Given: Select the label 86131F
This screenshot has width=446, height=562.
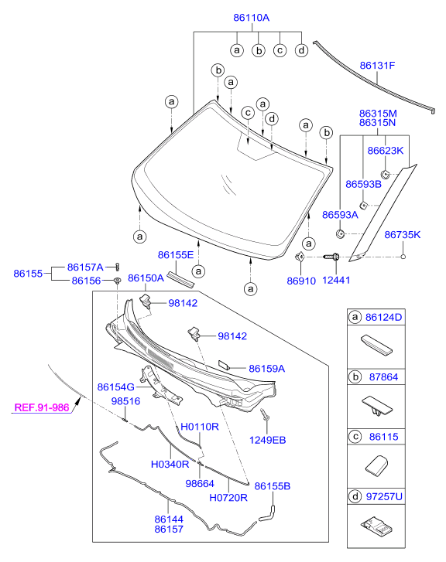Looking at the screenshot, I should (377, 66).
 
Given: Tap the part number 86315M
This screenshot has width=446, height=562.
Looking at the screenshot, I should (377, 112).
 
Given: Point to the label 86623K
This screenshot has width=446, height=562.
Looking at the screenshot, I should (386, 151).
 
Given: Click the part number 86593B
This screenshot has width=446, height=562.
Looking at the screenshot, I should (363, 184).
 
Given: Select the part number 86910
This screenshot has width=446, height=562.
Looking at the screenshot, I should (301, 281).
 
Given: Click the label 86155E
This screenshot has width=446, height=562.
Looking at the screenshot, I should (176, 254).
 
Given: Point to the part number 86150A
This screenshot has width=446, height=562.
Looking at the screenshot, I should (146, 278).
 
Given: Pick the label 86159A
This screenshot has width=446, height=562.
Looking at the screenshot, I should (267, 369).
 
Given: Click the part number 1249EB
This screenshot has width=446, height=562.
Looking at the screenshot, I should (267, 440).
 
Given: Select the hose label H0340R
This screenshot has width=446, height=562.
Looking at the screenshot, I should (169, 464).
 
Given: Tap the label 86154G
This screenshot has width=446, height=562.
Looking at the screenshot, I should (116, 387).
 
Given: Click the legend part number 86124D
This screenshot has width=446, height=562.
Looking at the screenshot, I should (386, 317).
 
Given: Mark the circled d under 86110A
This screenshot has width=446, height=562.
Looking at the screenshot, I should (301, 50).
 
